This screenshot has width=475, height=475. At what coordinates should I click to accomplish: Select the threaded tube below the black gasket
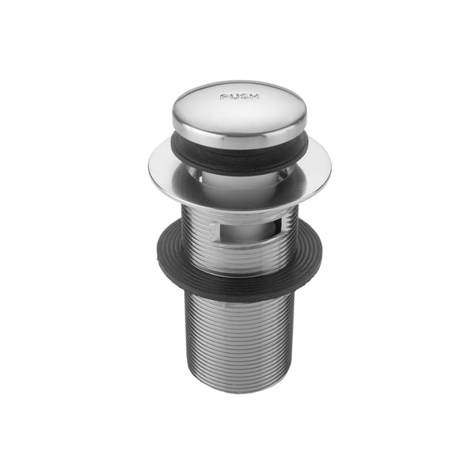click(x=237, y=332)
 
